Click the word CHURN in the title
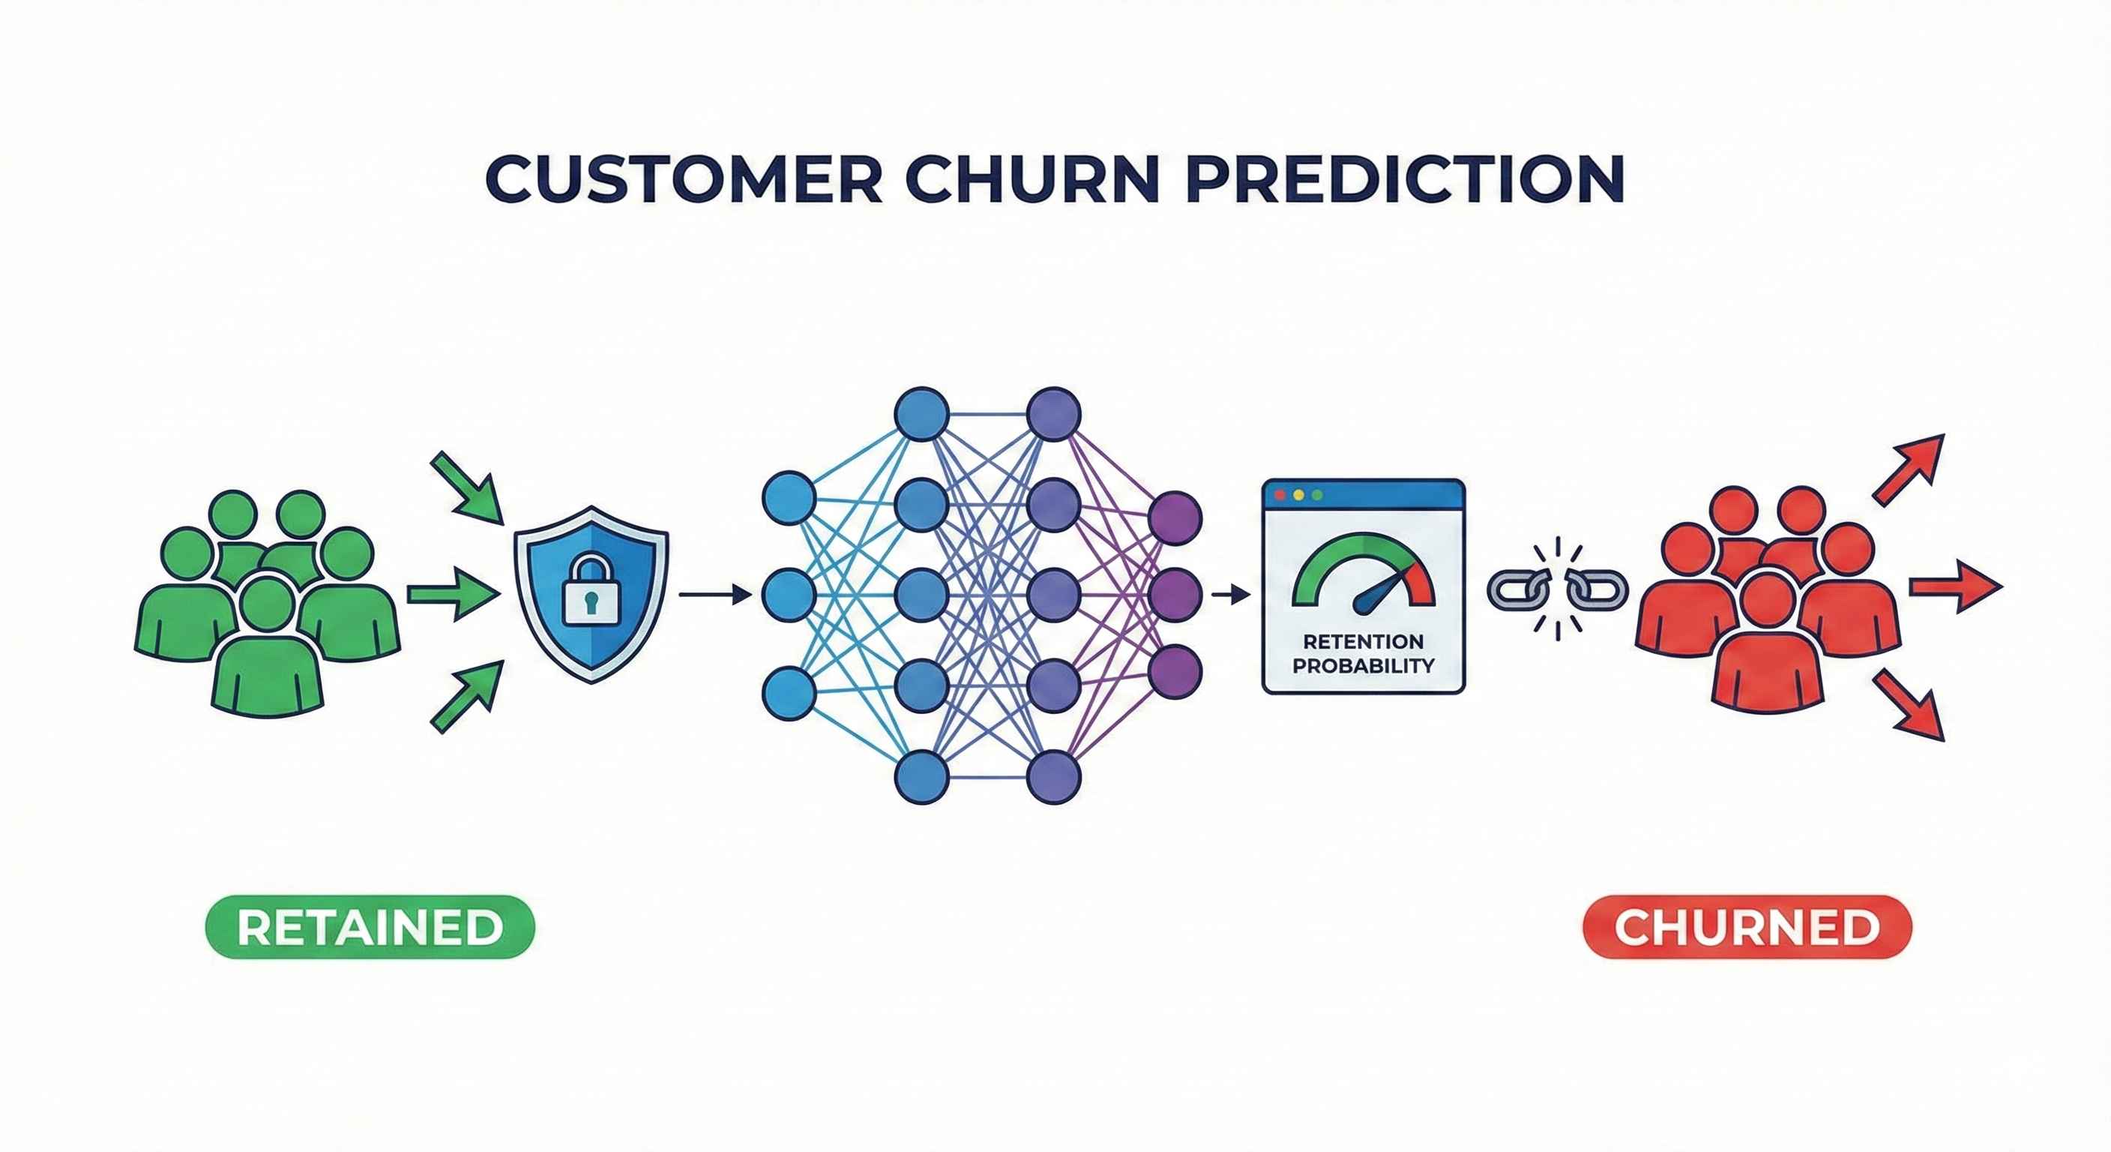(x=1032, y=178)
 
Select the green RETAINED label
(x=370, y=926)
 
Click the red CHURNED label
(x=1747, y=927)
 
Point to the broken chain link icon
(x=1557, y=588)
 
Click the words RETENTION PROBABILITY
(x=1363, y=652)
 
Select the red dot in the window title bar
(x=1280, y=495)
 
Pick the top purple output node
(x=1175, y=518)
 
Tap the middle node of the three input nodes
(x=789, y=595)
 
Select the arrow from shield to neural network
(x=714, y=595)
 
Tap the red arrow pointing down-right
(x=1910, y=705)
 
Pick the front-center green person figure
(x=267, y=652)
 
